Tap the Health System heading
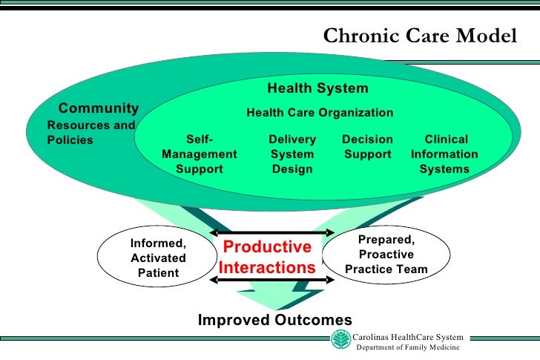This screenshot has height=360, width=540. pyautogui.click(x=317, y=89)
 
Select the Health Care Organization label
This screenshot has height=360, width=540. pyautogui.click(x=320, y=113)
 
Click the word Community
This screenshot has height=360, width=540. pyautogui.click(x=99, y=109)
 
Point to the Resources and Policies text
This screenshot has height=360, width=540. pyautogui.click(x=90, y=132)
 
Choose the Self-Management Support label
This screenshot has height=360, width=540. pyautogui.click(x=200, y=154)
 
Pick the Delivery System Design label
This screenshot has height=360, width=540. pyautogui.click(x=292, y=154)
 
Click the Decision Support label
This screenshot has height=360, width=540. pyautogui.click(x=367, y=147)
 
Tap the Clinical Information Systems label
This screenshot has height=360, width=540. pyautogui.click(x=445, y=154)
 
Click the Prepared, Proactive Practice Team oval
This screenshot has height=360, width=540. pyautogui.click(x=386, y=255)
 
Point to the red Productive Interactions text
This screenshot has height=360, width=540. pyautogui.click(x=268, y=257)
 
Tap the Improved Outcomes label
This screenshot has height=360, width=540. pyautogui.click(x=274, y=320)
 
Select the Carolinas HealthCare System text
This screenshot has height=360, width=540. pyautogui.click(x=408, y=337)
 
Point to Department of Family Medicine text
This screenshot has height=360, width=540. pyautogui.click(x=408, y=347)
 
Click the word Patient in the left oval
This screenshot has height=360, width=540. pyautogui.click(x=159, y=272)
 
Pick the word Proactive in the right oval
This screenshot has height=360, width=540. pyautogui.click(x=386, y=255)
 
